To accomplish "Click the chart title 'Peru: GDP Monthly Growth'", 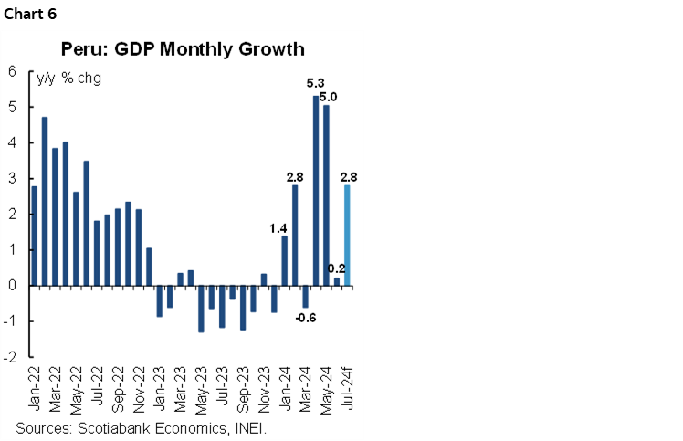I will (183, 48).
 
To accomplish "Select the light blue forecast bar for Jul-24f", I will (347, 236).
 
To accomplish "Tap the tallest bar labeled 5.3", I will (315, 191).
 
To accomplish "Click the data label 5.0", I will (328, 97).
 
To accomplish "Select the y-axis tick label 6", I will (14, 71).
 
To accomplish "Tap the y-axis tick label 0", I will (14, 286).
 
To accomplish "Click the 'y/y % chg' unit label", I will (68, 78).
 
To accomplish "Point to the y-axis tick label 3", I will (14, 179).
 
